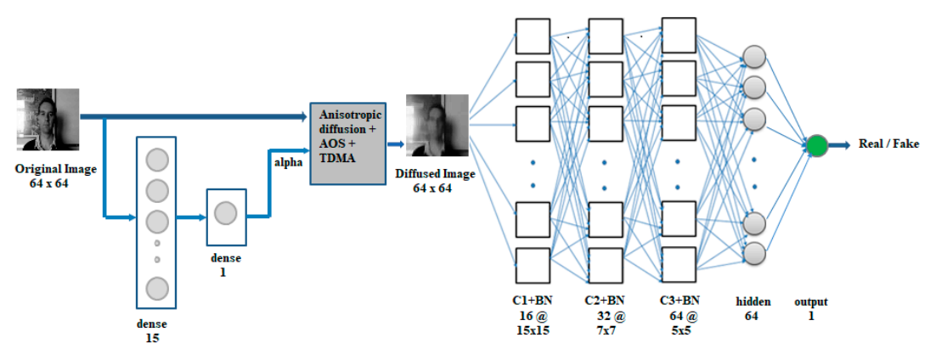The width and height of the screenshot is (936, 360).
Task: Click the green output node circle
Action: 817,146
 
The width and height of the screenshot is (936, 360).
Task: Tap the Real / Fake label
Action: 888,143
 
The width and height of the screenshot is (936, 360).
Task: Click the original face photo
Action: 48,120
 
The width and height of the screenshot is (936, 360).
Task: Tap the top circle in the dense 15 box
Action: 157,160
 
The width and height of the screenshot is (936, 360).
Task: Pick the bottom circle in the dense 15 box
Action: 157,288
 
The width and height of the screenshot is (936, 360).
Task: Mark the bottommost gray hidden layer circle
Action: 755,252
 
